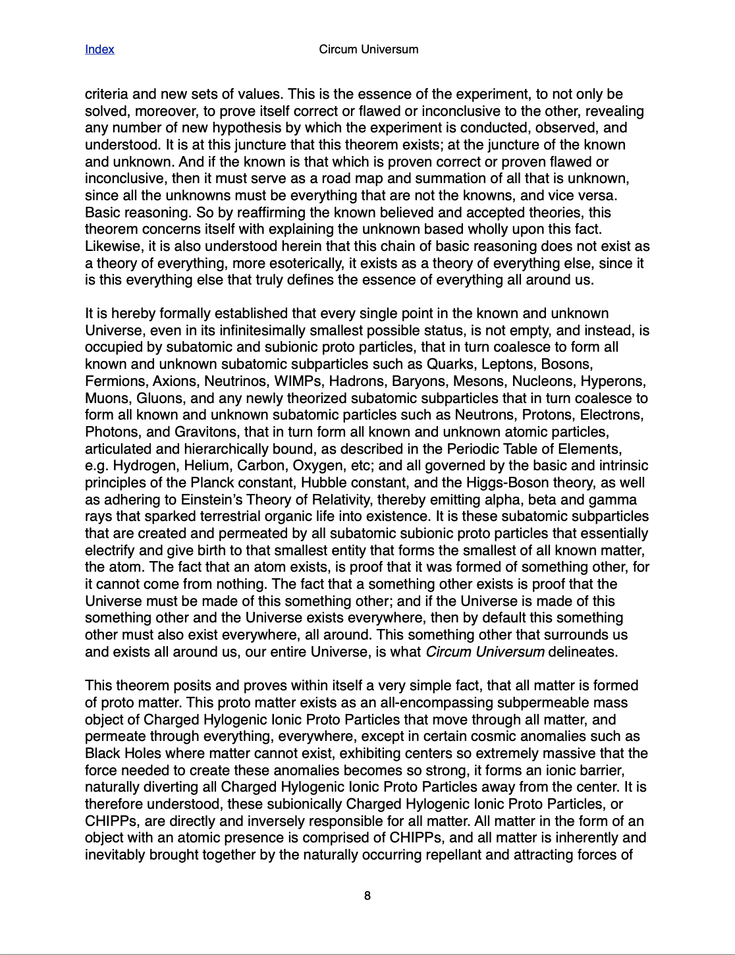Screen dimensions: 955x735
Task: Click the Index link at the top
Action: [x=99, y=49]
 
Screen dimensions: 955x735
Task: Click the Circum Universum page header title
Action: [x=368, y=49]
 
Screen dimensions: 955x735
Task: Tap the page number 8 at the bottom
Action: [x=367, y=896]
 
